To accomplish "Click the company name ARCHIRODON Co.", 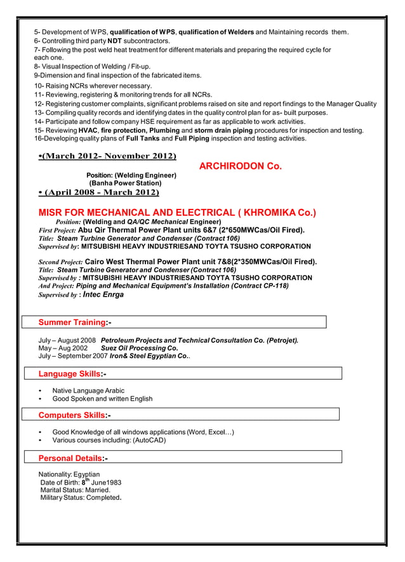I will [240, 166].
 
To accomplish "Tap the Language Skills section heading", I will [72, 374].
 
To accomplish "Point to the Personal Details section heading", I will [74, 458].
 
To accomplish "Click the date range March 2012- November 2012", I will [108, 156].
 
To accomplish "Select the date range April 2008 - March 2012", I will [100, 192].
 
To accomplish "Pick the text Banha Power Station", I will [126, 184].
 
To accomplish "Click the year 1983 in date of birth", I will [113, 483].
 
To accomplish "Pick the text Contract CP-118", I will [260, 286].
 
